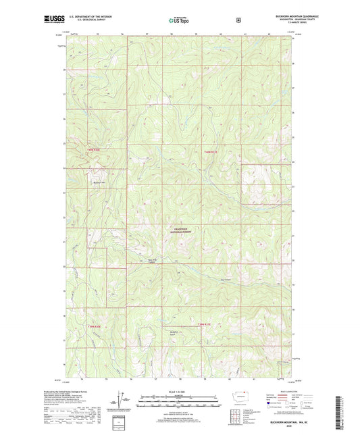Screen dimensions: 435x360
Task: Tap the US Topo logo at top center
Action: [x=179, y=20]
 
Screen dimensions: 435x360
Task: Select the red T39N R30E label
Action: [x=93, y=325]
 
